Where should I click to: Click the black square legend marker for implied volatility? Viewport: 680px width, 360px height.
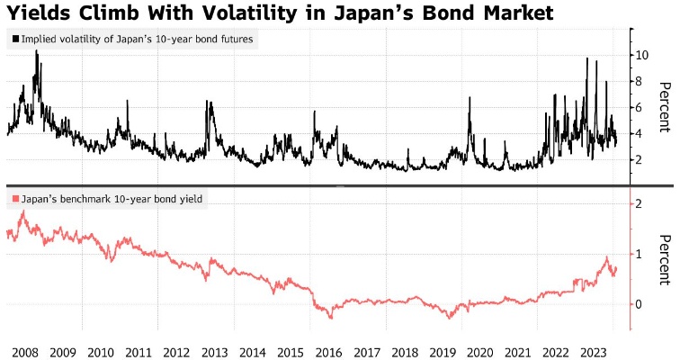tap(16, 40)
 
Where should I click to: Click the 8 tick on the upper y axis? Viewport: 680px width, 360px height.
tap(640, 81)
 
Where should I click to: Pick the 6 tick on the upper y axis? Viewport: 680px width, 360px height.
tap(640, 107)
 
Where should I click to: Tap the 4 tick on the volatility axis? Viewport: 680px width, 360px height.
tap(640, 133)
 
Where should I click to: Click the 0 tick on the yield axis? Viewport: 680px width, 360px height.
tap(640, 304)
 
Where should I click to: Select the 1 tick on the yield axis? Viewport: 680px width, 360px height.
tap(640, 255)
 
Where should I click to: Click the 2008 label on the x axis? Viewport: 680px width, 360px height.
tap(23, 350)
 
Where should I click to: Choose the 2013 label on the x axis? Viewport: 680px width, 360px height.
tap(215, 350)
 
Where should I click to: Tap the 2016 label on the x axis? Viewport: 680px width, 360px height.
tap(329, 350)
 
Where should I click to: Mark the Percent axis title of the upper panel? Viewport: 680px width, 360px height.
tap(665, 106)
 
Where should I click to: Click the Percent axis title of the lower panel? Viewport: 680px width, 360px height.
tap(665, 260)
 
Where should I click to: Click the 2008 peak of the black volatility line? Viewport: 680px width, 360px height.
tap(37, 51)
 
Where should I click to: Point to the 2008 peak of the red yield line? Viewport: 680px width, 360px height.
tap(22, 211)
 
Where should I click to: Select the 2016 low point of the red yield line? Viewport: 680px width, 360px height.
tap(331, 317)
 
